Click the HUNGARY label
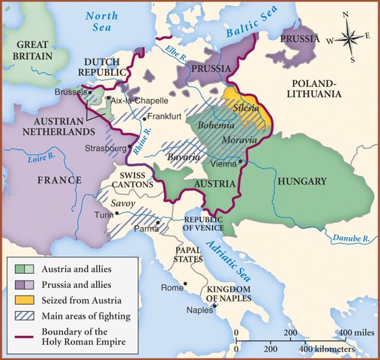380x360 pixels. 299,181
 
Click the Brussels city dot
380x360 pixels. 85,93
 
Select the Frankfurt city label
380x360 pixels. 166,117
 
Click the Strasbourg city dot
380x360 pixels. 131,147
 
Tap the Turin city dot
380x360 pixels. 118,214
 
